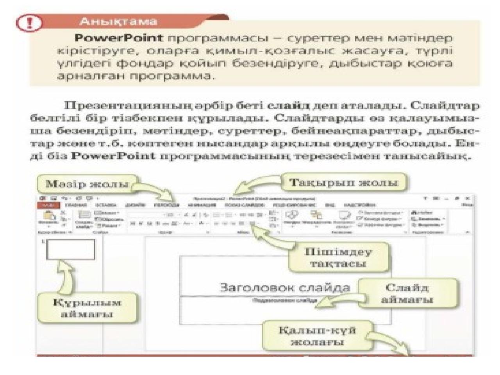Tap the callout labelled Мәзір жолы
tap(87, 184)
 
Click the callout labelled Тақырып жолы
tap(343, 182)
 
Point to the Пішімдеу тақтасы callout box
tap(338, 257)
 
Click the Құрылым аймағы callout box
tap(87, 308)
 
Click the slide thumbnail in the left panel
tap(71, 249)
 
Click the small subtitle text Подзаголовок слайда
tap(284, 300)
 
